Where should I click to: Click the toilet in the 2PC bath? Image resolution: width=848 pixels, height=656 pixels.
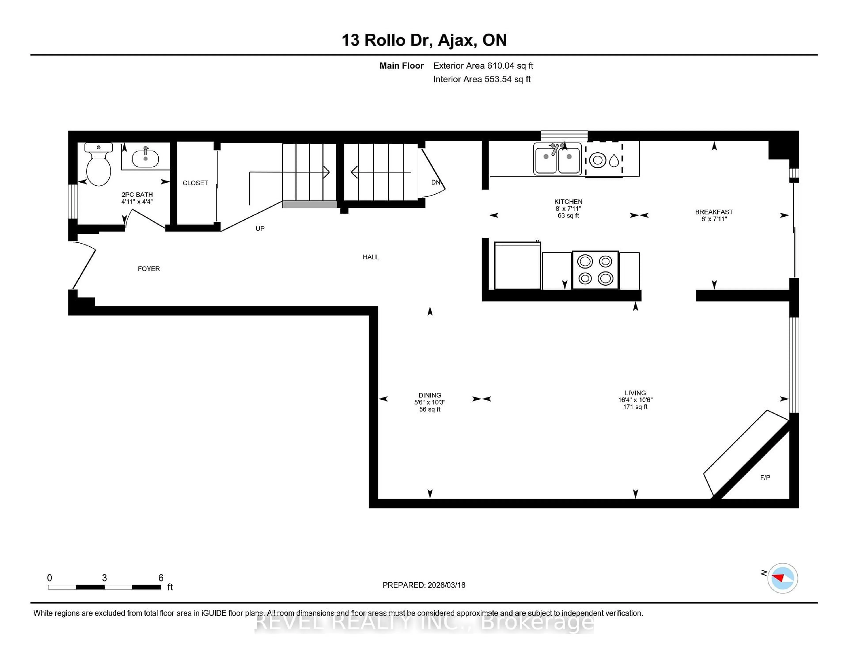[x=98, y=167]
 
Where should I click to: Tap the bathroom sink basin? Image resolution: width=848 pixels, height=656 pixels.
[x=145, y=158]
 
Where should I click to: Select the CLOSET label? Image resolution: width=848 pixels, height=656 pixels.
[x=195, y=183]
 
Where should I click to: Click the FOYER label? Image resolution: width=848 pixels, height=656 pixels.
[x=149, y=269]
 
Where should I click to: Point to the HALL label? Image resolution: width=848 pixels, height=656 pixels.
[x=370, y=257]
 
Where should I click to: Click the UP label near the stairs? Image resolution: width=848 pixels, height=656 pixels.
[x=260, y=229]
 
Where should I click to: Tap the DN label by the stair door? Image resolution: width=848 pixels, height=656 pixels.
[x=435, y=182]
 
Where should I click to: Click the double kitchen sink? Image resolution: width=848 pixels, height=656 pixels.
[x=557, y=158]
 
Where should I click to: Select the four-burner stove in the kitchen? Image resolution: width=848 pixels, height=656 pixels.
[x=595, y=270]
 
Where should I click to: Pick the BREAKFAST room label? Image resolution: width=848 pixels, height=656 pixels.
[x=714, y=212]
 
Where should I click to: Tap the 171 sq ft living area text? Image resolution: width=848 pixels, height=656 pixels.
[x=635, y=407]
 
